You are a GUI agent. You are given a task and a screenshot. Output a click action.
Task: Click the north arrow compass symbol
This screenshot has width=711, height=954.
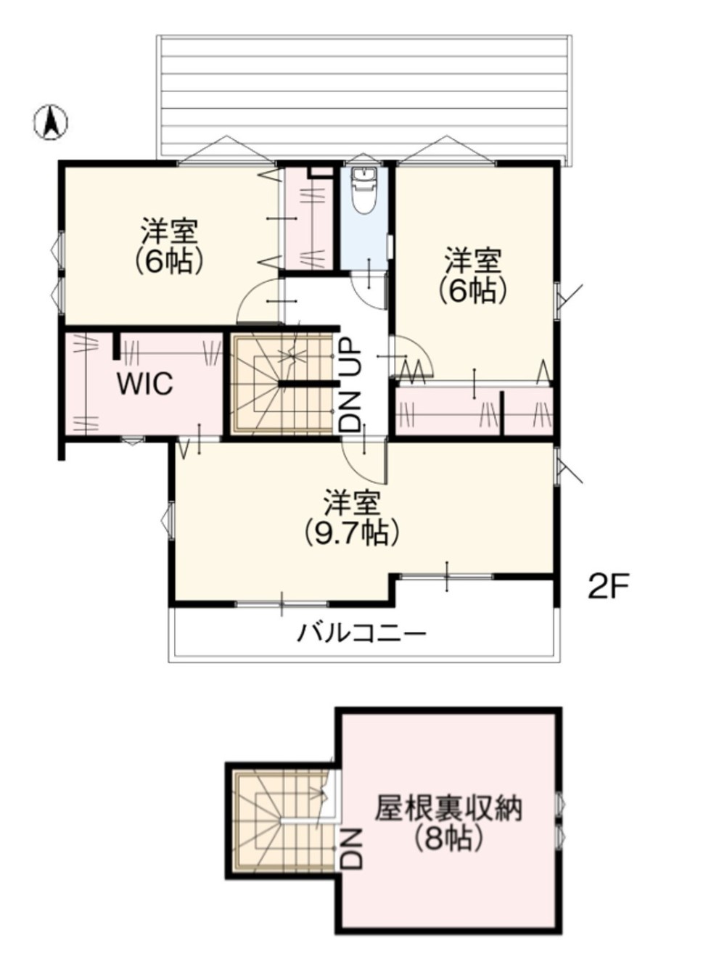tap(51, 123)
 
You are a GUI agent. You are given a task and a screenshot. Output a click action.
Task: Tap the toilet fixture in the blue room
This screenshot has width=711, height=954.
tap(365, 191)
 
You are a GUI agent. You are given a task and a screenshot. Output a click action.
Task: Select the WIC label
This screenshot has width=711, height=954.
tap(146, 384)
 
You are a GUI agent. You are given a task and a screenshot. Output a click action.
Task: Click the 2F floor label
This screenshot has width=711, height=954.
tap(609, 589)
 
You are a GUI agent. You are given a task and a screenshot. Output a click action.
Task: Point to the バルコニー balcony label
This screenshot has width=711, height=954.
tap(361, 634)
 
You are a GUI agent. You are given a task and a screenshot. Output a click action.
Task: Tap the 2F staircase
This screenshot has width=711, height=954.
tap(284, 384)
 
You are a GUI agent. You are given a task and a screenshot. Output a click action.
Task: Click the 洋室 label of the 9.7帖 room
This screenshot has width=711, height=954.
tap(351, 503)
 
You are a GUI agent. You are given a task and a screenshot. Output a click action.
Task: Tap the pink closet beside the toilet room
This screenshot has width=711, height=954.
tap(308, 220)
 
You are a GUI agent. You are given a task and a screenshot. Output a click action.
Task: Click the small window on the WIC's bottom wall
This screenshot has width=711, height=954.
tap(132, 441)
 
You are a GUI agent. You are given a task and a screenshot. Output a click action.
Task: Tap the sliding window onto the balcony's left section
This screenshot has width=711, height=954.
tap(281, 604)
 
